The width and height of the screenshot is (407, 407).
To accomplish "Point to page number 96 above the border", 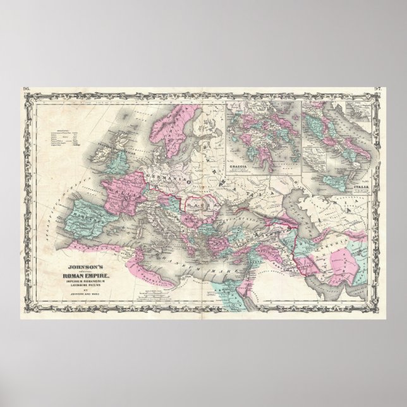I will pos(25,87).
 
